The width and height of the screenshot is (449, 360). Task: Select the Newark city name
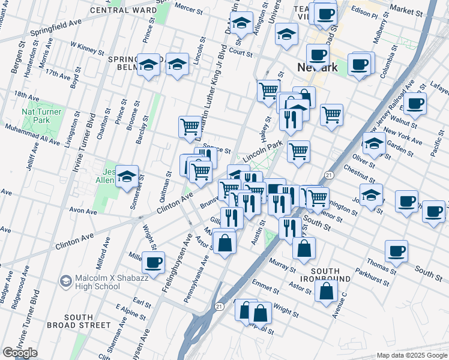318,67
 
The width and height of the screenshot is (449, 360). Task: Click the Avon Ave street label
83,211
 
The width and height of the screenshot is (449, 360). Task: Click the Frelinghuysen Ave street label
175,264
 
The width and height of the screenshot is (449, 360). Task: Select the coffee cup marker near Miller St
154,262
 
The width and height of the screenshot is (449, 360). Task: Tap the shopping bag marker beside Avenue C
326,291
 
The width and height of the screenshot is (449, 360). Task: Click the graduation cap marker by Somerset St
127,176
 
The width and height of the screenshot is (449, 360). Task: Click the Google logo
20,353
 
